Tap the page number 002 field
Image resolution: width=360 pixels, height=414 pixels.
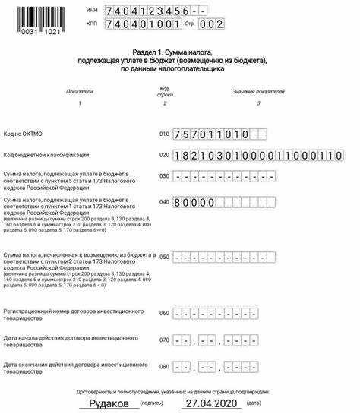(x=212, y=24)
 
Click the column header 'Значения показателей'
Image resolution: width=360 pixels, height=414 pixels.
(x=258, y=90)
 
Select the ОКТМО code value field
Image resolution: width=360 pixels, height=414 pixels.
(x=220, y=134)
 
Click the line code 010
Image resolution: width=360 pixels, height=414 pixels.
(x=164, y=134)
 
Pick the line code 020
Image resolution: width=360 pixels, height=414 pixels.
(x=164, y=155)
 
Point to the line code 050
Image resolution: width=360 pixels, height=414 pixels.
(x=164, y=257)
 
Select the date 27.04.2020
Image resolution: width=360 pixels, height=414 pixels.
(x=212, y=403)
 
